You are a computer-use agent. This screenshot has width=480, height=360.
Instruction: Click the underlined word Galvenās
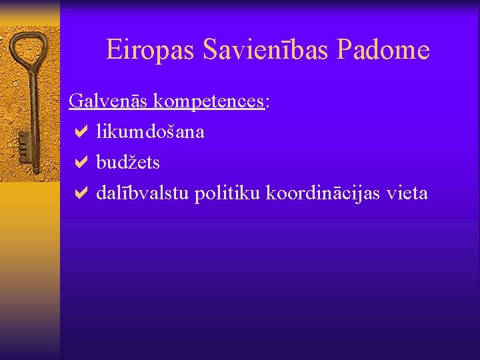click(x=109, y=101)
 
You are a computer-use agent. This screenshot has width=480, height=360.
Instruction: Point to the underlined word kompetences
click(x=209, y=102)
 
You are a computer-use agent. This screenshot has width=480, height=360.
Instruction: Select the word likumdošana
click(x=150, y=132)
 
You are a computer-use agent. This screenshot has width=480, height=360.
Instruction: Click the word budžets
click(x=128, y=163)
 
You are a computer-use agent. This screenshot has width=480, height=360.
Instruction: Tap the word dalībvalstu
click(x=143, y=193)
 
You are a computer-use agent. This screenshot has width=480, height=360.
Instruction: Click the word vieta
click(x=406, y=193)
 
